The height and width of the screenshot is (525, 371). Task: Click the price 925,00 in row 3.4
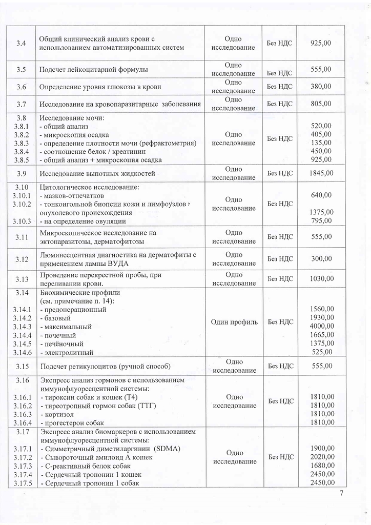(x=321, y=43)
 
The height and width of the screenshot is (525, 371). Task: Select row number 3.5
(x=21, y=69)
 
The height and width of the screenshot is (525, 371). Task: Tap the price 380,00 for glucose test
(x=321, y=87)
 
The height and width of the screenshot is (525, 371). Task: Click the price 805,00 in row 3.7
(x=321, y=104)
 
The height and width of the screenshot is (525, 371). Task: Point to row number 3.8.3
(x=21, y=143)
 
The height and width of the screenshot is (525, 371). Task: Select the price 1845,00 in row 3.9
(x=321, y=173)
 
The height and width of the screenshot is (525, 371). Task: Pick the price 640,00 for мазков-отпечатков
(x=321, y=195)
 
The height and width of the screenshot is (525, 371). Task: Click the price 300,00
(x=321, y=259)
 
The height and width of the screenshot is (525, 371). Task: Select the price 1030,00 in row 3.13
(x=321, y=279)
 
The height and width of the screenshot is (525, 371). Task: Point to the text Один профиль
(x=233, y=322)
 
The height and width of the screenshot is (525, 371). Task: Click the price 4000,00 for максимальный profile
(x=322, y=327)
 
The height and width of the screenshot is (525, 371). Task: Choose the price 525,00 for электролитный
(x=322, y=352)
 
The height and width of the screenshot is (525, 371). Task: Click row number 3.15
(x=21, y=366)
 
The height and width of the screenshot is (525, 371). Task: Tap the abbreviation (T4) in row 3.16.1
(x=133, y=397)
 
